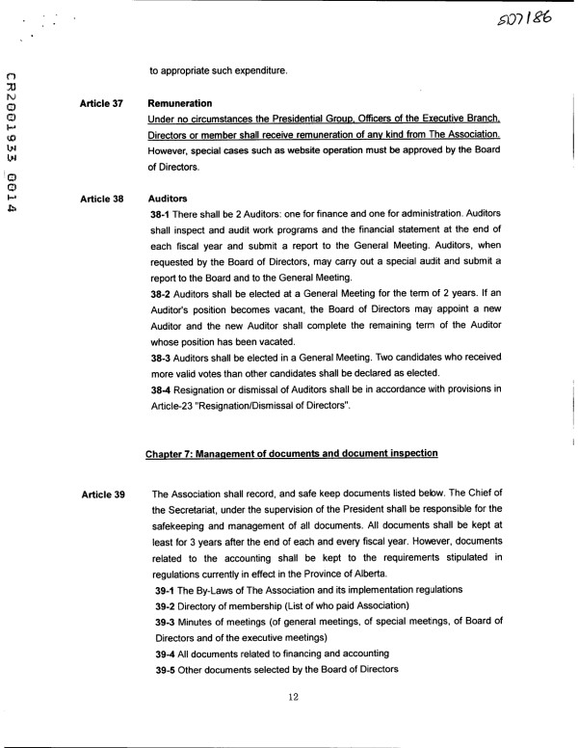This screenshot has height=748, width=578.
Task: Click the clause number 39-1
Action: coord(168,588)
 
